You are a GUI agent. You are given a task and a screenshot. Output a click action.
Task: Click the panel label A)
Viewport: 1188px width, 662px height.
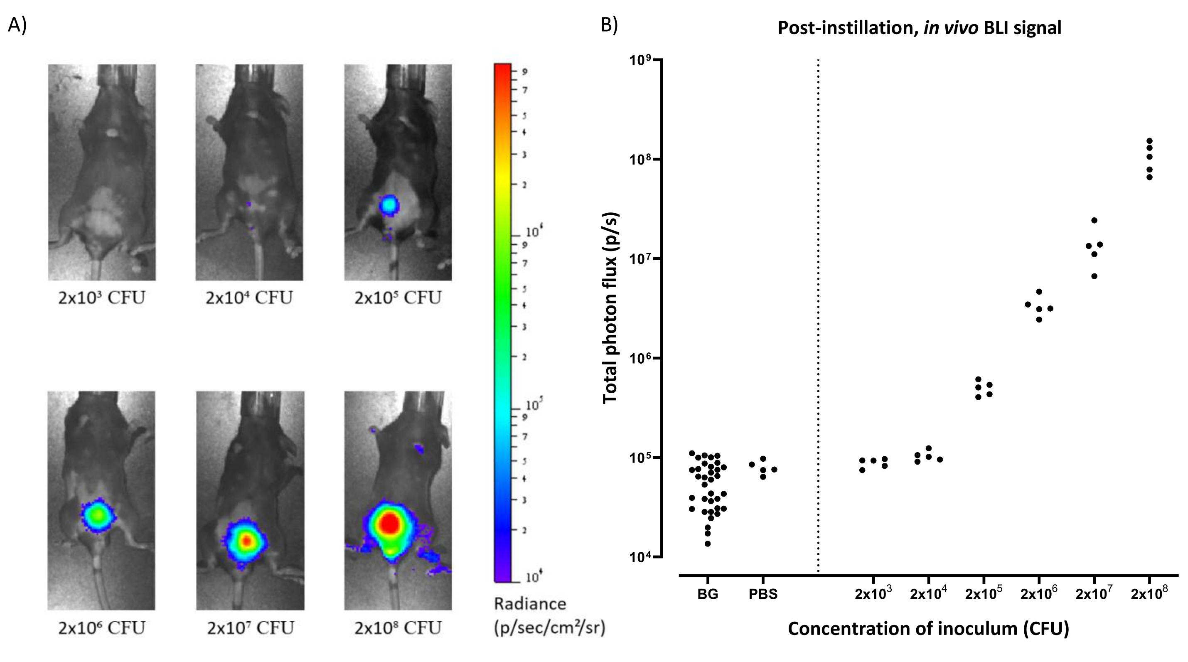(x=17, y=25)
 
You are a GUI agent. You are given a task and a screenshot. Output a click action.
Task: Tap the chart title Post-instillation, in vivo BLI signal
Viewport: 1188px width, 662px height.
(x=919, y=28)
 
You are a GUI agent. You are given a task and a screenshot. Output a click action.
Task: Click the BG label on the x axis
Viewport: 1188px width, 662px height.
(x=708, y=594)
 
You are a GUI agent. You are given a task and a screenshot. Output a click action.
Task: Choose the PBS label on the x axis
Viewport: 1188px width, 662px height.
(x=763, y=594)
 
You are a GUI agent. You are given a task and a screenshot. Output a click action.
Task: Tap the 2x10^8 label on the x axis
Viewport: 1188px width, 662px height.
(x=1149, y=593)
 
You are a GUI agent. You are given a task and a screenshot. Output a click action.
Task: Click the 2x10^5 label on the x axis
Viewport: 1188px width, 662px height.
(x=983, y=593)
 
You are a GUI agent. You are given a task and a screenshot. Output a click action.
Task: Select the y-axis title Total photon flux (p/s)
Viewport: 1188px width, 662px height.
(x=610, y=308)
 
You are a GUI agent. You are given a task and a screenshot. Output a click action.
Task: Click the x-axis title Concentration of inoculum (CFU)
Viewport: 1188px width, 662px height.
(x=928, y=629)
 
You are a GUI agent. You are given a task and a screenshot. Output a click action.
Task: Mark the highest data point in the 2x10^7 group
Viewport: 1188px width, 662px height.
(x=1094, y=221)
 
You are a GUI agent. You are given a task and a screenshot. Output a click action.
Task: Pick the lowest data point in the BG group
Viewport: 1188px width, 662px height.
(x=708, y=544)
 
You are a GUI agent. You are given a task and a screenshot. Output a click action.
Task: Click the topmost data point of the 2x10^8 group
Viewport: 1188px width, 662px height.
(x=1149, y=141)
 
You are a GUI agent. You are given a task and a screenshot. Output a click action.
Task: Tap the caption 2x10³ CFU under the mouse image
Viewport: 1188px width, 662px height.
(x=101, y=298)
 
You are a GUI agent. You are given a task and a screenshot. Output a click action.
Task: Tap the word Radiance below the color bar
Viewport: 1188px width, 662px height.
(x=530, y=604)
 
